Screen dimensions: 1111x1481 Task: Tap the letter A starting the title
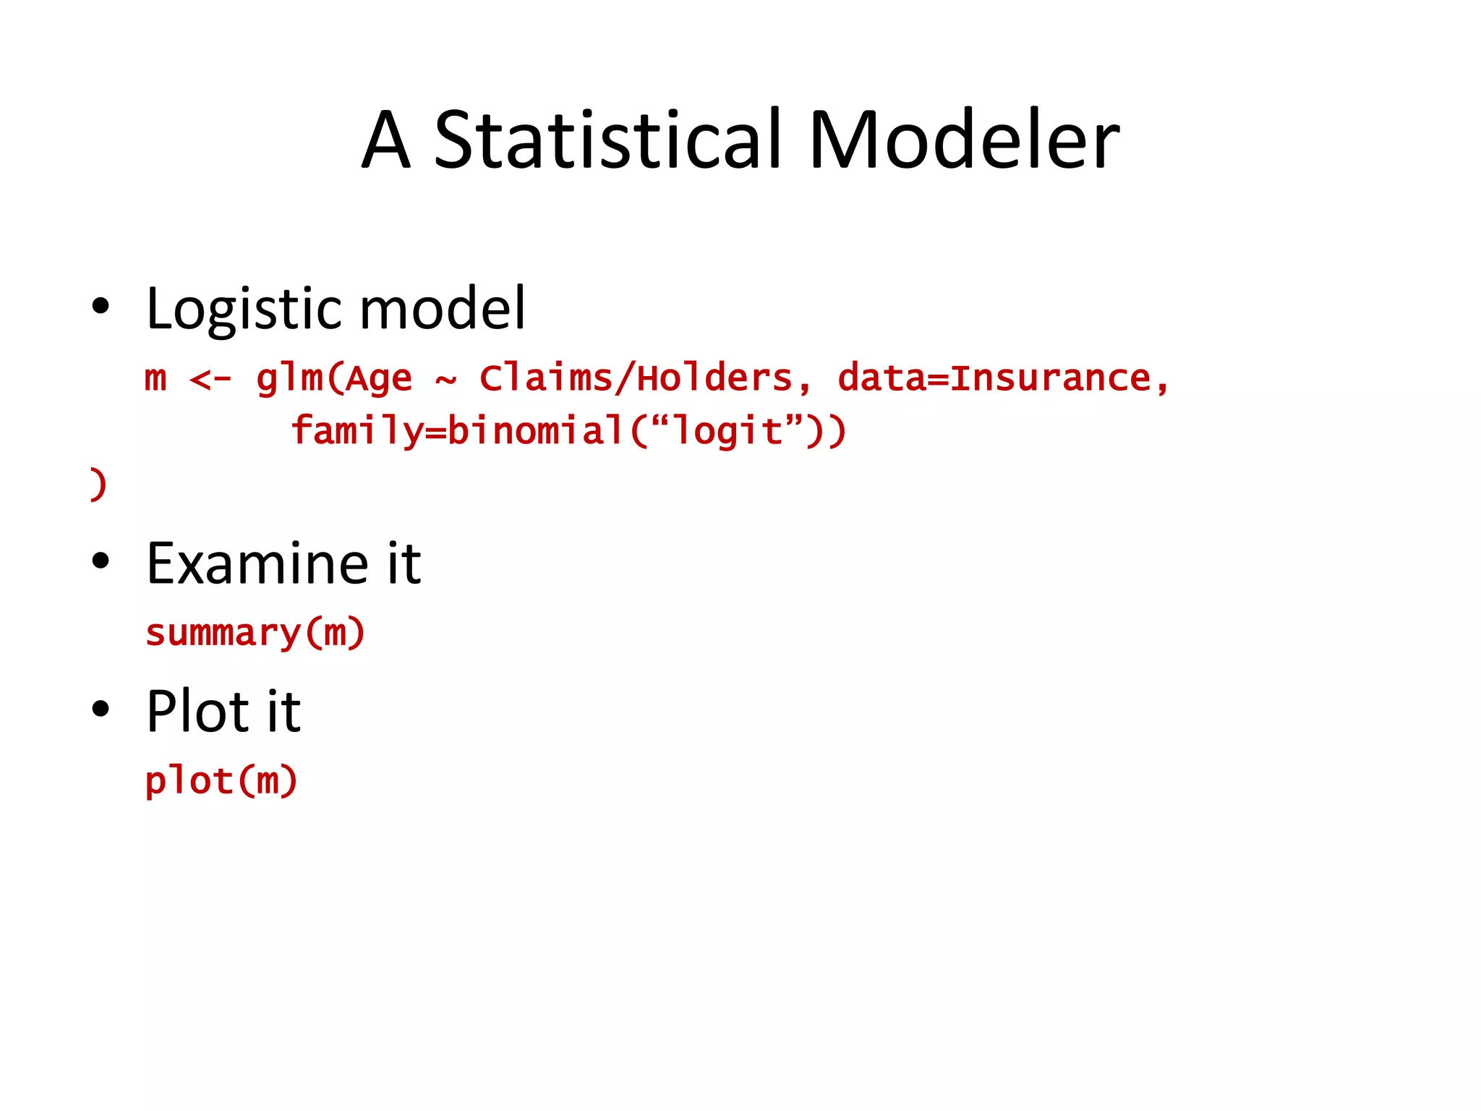click(386, 141)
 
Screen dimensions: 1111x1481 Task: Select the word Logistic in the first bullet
click(242, 310)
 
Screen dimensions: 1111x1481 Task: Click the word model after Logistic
click(443, 310)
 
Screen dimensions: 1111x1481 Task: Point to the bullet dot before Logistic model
click(101, 306)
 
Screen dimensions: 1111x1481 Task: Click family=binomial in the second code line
click(458, 431)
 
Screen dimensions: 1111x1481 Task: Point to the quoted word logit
click(727, 432)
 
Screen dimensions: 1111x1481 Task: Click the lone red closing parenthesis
click(98, 484)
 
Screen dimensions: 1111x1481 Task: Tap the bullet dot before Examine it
click(101, 561)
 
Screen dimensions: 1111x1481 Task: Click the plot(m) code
click(221, 781)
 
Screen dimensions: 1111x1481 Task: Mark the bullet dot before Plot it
click(101, 709)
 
